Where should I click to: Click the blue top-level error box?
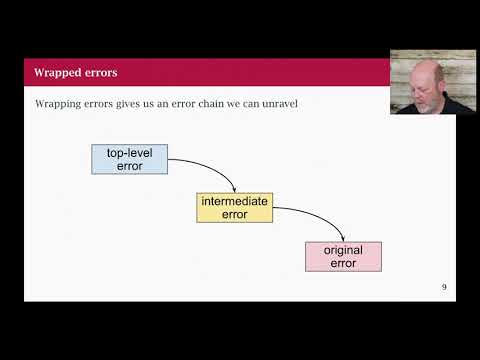tap(129, 159)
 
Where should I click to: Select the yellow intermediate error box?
tap(234, 207)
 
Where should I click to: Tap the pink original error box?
tap(343, 256)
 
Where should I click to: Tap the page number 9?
tap(444, 288)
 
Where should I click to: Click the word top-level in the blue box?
tap(129, 153)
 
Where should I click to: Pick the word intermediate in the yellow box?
tap(234, 201)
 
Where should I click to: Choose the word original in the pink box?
tap(343, 250)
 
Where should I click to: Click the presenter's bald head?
tap(413, 66)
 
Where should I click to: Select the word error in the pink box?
tap(343, 263)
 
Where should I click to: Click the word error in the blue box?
tap(129, 166)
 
